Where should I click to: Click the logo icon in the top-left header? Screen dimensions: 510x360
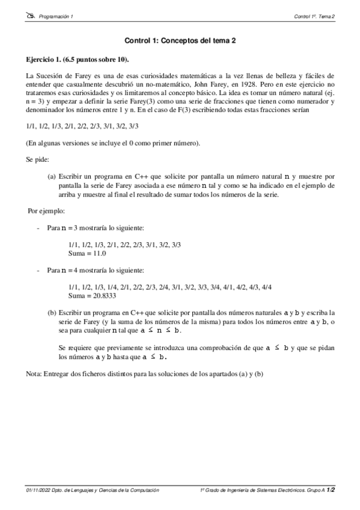click(x=31, y=16)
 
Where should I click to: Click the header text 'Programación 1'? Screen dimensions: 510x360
click(x=55, y=17)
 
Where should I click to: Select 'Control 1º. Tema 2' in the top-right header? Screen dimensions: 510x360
click(x=314, y=17)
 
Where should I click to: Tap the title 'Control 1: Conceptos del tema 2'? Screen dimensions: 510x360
click(x=180, y=41)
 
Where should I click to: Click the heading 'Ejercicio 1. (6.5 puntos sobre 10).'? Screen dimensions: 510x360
click(x=78, y=61)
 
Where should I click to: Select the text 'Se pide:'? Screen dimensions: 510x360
click(x=37, y=160)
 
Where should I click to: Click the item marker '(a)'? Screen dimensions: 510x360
click(x=52, y=177)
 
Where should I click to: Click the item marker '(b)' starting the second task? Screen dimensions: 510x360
click(x=52, y=314)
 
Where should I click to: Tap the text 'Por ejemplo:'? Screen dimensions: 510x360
click(x=47, y=211)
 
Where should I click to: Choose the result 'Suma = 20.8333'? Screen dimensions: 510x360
click(x=93, y=296)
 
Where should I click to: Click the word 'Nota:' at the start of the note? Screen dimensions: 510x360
click(x=34, y=374)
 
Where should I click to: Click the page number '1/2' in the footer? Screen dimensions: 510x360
click(x=331, y=491)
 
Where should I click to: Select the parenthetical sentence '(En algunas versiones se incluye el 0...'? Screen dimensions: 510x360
click(x=113, y=143)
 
